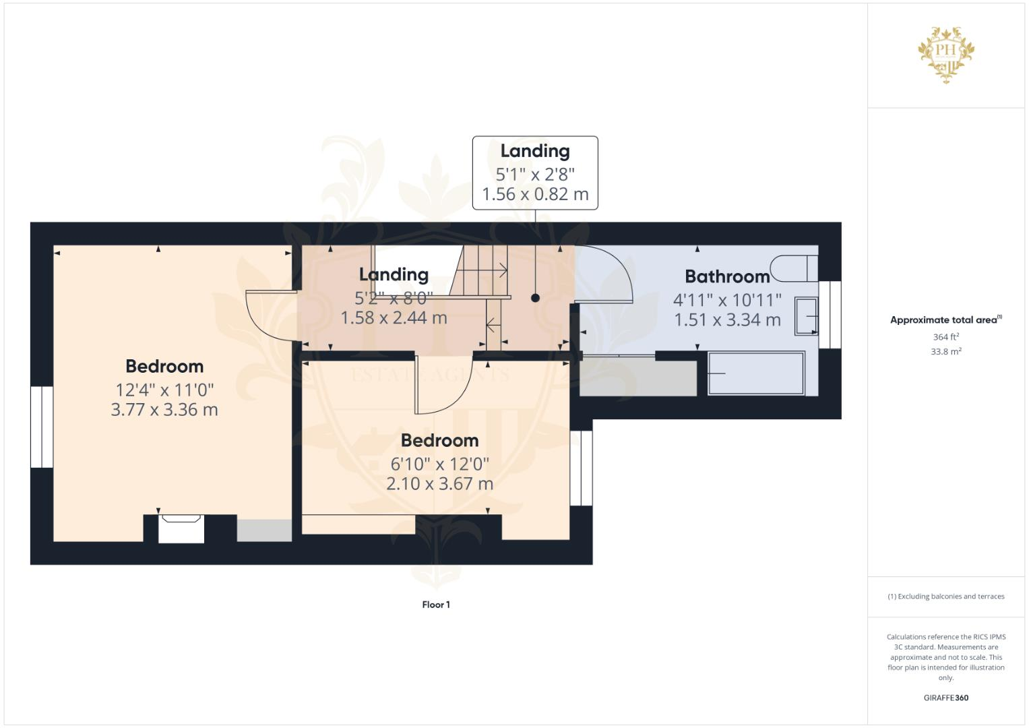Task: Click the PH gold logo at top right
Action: pyautogui.click(x=946, y=54)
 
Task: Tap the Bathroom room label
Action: pyautogui.click(x=727, y=276)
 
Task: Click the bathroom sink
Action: pyautogui.click(x=806, y=315)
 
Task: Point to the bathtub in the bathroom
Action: pyautogui.click(x=755, y=373)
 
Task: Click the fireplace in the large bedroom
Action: pyautogui.click(x=181, y=528)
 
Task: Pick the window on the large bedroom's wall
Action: pyautogui.click(x=42, y=427)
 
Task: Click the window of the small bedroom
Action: pyautogui.click(x=581, y=468)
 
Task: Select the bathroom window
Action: pyautogui.click(x=830, y=314)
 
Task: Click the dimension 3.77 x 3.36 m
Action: pyautogui.click(x=164, y=410)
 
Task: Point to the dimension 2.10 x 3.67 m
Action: pyautogui.click(x=439, y=484)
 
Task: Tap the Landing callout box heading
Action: pyautogui.click(x=534, y=151)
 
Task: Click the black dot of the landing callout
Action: pyautogui.click(x=535, y=297)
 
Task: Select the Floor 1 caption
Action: pyautogui.click(x=436, y=605)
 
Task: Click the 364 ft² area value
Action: pyautogui.click(x=945, y=337)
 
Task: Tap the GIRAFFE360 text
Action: pyautogui.click(x=945, y=698)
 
